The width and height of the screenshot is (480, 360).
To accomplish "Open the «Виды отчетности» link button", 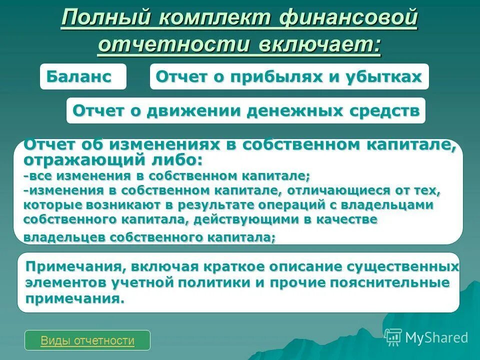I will (x=87, y=340).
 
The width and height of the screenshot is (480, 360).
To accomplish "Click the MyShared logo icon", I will (x=393, y=337).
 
